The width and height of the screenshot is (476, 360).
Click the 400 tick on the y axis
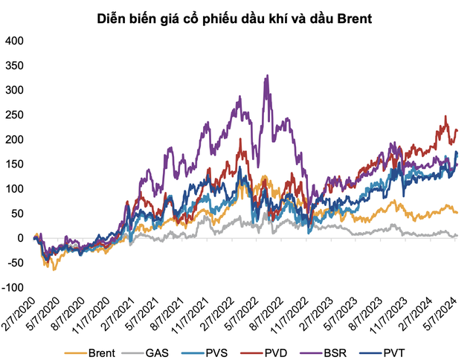coord(14,41)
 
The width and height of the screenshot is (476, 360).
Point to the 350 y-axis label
coord(14,65)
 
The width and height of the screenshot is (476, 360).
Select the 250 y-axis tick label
coord(14,115)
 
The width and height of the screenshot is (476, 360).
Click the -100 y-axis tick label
coord(12,287)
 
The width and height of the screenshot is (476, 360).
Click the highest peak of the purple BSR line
coord(267,76)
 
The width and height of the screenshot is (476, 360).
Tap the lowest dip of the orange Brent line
coord(54,269)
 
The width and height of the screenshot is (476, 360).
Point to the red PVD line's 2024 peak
coord(446,117)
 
